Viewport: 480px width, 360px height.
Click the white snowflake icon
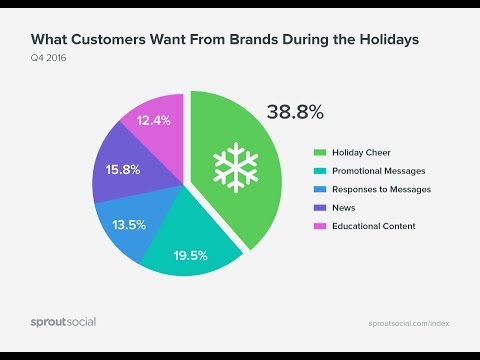232,167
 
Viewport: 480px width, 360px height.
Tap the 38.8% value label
295,113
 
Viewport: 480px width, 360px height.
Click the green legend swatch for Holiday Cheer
320,154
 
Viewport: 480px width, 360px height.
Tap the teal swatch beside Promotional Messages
320,172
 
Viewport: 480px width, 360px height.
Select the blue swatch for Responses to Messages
320,190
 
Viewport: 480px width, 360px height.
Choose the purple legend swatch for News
320,208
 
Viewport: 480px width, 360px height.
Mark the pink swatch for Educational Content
320,226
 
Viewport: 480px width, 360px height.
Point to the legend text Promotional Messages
385,172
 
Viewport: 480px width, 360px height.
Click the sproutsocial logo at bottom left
62,322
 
